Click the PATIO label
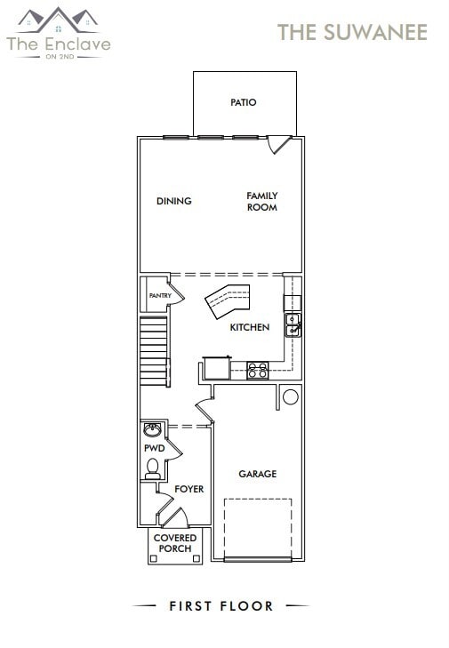tap(243, 102)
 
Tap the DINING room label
tap(174, 201)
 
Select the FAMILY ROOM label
tap(262, 202)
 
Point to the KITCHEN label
tap(250, 327)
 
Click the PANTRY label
tap(160, 295)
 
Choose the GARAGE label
tap(257, 474)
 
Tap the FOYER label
tap(188, 489)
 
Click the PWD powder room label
tap(155, 449)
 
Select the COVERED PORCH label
tap(174, 543)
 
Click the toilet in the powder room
tap(153, 468)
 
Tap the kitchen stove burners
tap(257, 370)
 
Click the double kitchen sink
tap(292, 324)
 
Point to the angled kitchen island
tap(229, 300)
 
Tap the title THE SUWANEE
tap(352, 33)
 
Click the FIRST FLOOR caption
tap(221, 606)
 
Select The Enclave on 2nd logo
tap(59, 33)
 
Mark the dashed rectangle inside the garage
tap(258, 528)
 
